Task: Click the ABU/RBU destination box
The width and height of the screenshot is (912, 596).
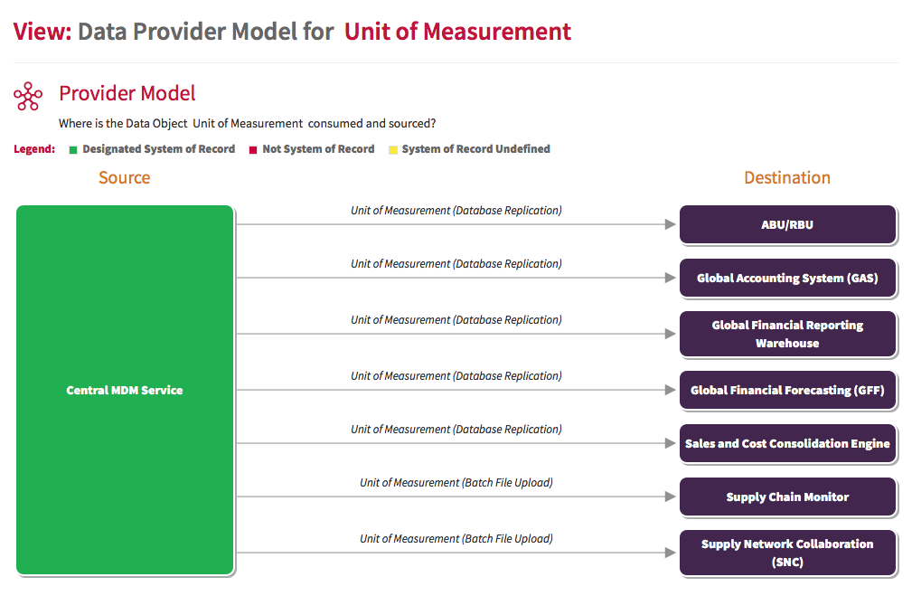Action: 787,224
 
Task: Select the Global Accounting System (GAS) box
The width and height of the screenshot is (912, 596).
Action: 787,278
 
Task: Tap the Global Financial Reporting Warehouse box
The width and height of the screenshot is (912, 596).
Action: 787,334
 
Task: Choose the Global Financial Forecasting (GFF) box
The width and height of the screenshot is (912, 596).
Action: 787,390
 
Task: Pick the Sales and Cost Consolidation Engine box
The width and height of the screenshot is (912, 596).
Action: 787,443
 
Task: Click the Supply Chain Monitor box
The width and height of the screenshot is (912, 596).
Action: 787,497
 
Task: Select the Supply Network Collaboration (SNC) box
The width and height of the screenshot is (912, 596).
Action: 787,553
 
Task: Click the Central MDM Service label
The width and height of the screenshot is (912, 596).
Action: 125,390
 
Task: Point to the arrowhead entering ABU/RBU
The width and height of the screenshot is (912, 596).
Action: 670,224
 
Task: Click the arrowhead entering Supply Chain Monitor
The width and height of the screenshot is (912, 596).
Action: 670,497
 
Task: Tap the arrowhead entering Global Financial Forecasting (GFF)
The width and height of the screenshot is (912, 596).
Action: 670,390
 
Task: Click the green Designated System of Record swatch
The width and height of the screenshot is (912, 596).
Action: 73,150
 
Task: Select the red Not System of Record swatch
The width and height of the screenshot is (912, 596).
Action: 253,150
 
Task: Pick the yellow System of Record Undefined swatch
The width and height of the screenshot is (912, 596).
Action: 393,150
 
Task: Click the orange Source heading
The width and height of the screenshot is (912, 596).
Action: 125,177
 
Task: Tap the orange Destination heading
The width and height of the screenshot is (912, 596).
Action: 787,177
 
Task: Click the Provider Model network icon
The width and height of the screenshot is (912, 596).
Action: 28,96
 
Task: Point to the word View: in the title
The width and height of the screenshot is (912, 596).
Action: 42,32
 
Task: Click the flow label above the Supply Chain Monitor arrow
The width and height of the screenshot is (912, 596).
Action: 456,483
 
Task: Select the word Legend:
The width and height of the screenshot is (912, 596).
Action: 34,149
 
